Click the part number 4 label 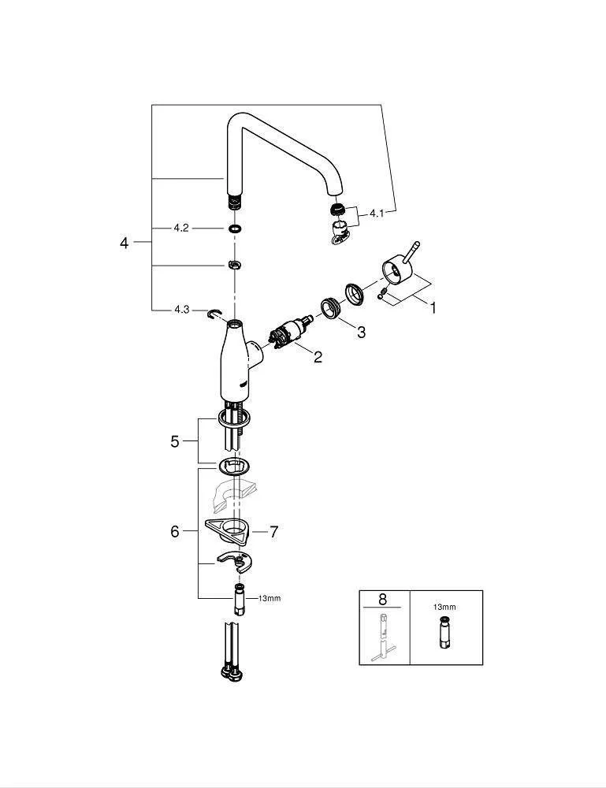coord(124,243)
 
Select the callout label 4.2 coord(181,228)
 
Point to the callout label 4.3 coord(181,310)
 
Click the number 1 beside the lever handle coord(432,308)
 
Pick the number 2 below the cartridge coord(318,358)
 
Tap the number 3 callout coord(361,333)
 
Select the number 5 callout coord(175,441)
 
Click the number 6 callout coord(175,532)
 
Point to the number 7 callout coord(273,532)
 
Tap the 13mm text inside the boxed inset coord(444,608)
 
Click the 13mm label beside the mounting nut coord(269,598)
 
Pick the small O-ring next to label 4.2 coord(233,229)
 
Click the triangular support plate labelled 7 coord(227,530)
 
